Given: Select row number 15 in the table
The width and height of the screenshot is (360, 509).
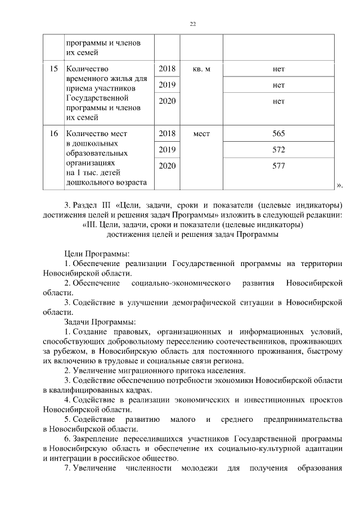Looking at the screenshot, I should pos(54,69).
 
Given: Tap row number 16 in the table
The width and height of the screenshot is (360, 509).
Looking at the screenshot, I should pos(54,134).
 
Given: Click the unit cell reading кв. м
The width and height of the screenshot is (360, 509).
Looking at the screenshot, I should pos(201,69).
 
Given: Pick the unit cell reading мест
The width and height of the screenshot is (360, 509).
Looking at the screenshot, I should pos(201,134).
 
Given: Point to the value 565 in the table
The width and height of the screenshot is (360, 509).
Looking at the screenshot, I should pos(278,134).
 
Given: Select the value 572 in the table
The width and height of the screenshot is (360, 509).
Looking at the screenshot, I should pos(278,150).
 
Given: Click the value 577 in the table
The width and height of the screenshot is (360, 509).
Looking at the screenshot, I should pos(278,166).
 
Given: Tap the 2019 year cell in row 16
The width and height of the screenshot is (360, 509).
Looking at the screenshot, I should pos(167,150).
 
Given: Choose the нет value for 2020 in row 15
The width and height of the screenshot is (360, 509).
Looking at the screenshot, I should pos(278,102).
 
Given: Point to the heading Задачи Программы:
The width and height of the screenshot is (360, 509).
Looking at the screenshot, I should pos(100,322).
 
